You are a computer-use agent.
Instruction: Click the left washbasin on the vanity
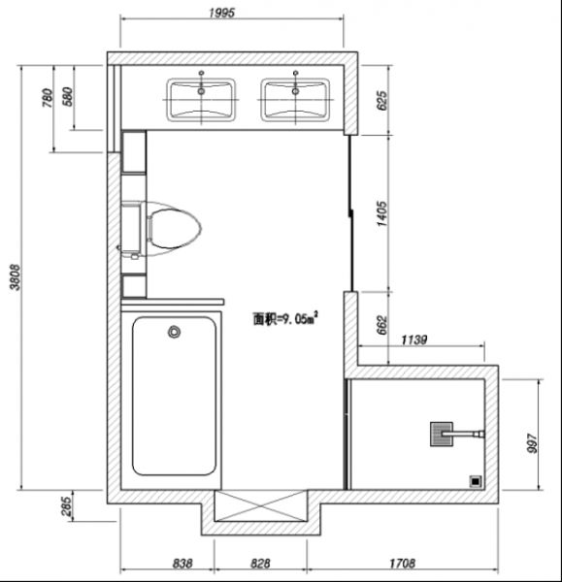click(201, 100)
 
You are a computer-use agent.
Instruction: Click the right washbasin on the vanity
click(295, 100)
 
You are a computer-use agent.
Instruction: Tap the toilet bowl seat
click(175, 229)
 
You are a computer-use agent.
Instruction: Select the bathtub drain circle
click(174, 332)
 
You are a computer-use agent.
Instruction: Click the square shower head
click(442, 434)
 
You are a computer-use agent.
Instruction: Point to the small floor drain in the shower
click(476, 481)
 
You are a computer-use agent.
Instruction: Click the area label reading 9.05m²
click(285, 318)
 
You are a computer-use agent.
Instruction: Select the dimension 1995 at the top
click(221, 13)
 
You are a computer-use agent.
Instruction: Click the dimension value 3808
click(16, 276)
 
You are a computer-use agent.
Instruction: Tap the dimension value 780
click(48, 98)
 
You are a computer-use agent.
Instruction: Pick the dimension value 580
click(68, 96)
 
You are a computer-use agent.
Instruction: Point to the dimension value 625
click(381, 100)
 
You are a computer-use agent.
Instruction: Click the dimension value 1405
click(381, 213)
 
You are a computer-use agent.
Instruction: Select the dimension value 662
click(381, 325)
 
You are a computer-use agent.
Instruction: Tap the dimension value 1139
click(414, 339)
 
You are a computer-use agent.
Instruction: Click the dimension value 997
click(532, 443)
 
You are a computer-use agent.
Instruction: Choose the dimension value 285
click(65, 506)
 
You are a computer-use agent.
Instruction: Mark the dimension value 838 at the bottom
click(182, 564)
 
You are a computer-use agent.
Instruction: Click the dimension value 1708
click(402, 564)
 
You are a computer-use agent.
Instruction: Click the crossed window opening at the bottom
click(261, 505)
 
